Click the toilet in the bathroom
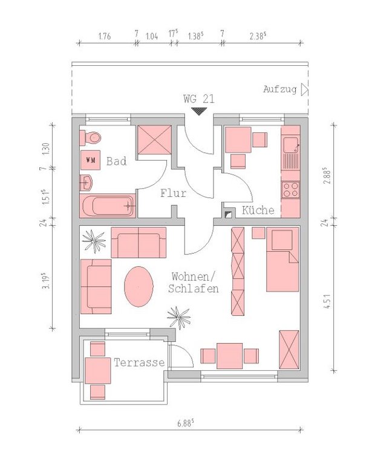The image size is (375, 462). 91,137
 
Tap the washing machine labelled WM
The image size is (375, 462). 90,160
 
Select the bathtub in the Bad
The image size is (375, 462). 108,206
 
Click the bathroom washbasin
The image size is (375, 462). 86,183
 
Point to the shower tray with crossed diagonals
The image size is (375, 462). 155,140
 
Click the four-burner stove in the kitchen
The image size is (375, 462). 290,190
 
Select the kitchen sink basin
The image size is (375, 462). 290,145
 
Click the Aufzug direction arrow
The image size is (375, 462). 304,89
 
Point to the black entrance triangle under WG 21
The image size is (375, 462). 199,111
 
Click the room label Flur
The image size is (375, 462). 174,194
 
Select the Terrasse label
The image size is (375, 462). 139,362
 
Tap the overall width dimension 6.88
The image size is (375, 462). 186,423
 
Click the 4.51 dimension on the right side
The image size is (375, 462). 327,301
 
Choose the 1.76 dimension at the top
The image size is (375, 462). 105,36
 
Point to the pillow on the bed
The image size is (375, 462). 282,240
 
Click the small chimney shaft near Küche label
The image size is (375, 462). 228,214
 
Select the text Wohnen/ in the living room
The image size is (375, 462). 194,277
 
